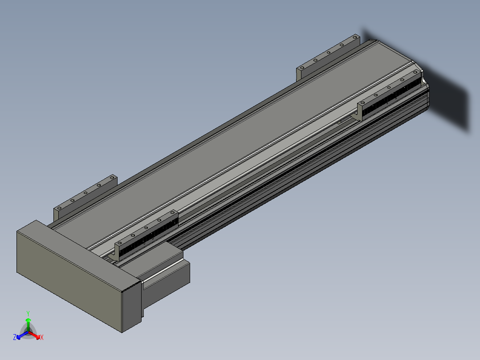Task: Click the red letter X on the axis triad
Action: point(42,337)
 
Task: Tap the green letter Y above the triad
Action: point(28,313)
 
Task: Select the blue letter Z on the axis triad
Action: point(15,337)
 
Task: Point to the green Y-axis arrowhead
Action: point(28,320)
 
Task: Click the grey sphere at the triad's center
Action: point(28,332)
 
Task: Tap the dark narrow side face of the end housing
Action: point(132,307)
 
